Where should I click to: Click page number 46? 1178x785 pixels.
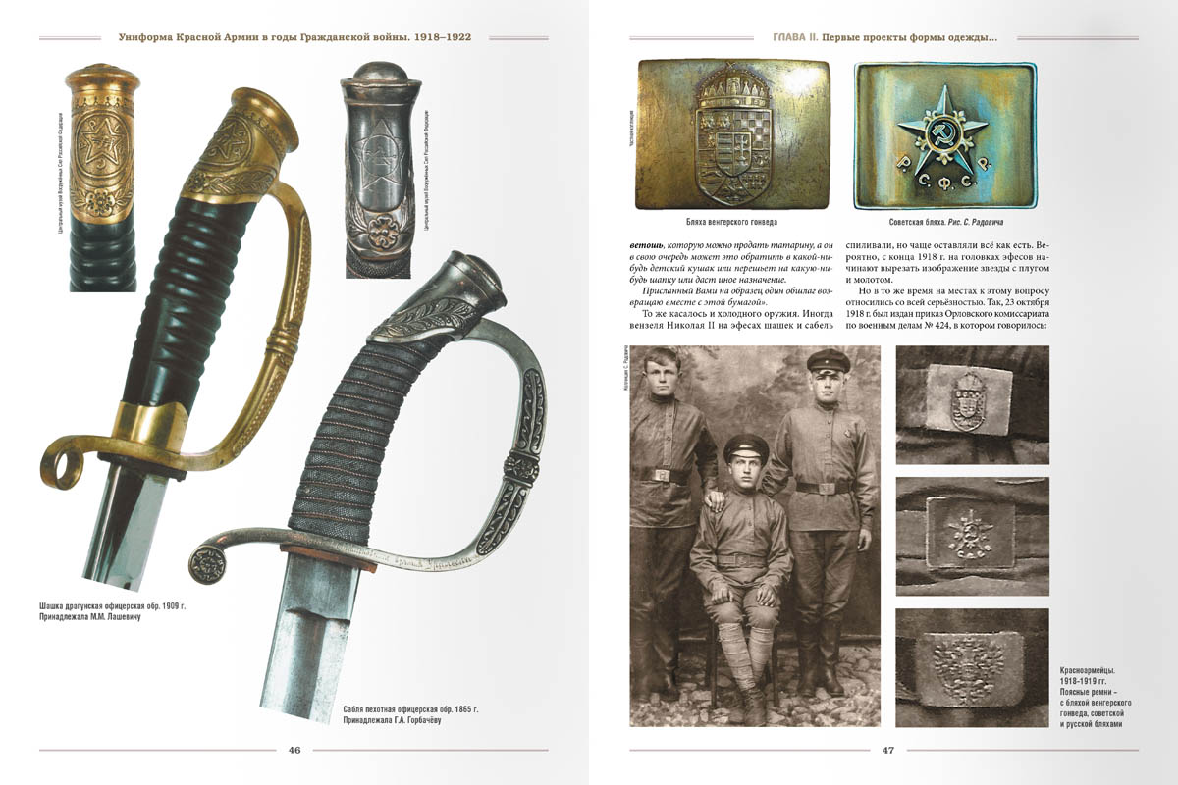click(x=294, y=751)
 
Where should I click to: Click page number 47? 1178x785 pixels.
click(x=887, y=751)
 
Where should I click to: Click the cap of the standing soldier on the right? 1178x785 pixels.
click(x=828, y=360)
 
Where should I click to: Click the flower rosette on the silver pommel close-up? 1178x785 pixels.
click(x=378, y=239)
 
